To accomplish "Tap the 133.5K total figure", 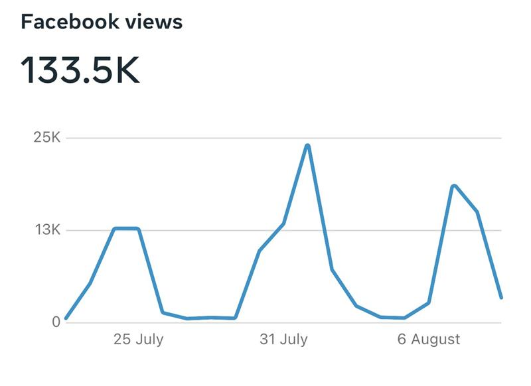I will pos(80,70).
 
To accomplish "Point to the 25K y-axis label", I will pos(47,138).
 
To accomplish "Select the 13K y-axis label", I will pos(47,231).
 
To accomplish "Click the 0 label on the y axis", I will pos(56,322).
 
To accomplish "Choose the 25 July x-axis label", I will pos(138,340).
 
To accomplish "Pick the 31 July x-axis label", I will pos(283,340).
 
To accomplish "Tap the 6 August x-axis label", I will pos(429,340).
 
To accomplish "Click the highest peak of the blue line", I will pos(307,145).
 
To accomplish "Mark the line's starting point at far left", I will pos(66,318).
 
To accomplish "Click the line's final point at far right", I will pos(501,297).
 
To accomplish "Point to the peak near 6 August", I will pos(453,186).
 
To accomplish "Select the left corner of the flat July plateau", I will pos(114,229).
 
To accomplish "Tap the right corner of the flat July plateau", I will pos(138,229).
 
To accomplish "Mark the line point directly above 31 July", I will pos(283,224).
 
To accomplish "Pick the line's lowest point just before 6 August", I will pos(405,318).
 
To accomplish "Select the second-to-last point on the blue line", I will pos(477,212).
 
